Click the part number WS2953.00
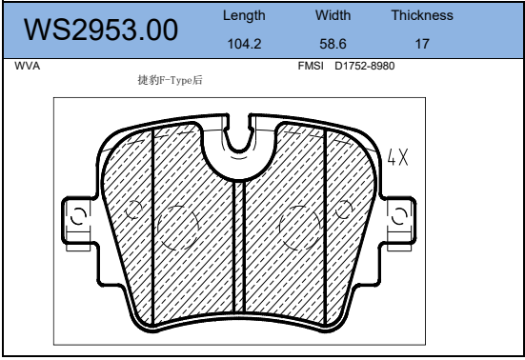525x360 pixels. [101, 30]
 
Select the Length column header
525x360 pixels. [244, 15]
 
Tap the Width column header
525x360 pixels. [333, 15]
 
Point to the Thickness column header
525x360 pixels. [422, 15]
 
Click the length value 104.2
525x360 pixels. [244, 44]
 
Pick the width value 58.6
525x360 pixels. [333, 44]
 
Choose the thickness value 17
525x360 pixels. [422, 44]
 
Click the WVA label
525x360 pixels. [27, 66]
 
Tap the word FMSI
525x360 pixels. [311, 66]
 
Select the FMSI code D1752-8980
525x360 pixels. [365, 66]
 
